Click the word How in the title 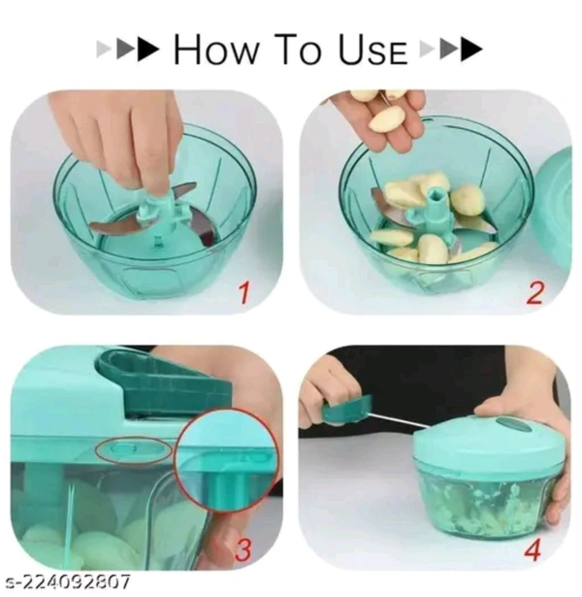[x=215, y=50]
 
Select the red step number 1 [x=244, y=293]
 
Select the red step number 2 [x=534, y=293]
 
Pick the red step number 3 [x=243, y=549]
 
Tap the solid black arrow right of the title [x=472, y=50]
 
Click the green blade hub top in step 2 [x=436, y=194]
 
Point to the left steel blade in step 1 [x=113, y=227]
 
